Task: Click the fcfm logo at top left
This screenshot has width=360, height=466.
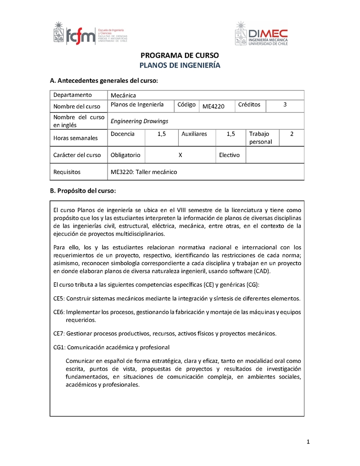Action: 90,33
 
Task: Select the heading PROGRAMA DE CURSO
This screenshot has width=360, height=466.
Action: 180,56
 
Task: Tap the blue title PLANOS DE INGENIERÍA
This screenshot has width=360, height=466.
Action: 180,65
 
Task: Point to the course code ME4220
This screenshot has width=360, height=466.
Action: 213,106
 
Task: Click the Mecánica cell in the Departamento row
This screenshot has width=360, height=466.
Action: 123,95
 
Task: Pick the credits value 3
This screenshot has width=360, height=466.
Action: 285,105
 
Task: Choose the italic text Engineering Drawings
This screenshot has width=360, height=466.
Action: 139,121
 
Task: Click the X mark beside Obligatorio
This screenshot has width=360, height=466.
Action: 180,155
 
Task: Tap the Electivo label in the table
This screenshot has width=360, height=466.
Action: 229,155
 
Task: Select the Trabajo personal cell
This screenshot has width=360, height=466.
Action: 261,138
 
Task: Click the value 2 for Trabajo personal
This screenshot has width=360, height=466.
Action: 292,134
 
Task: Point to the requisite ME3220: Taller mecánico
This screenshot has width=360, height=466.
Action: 144,172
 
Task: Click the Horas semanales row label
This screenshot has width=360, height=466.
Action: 75,138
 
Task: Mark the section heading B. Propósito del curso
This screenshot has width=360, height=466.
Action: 83,190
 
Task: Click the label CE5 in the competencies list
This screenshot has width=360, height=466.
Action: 59,299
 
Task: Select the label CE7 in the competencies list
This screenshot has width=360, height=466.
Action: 59,334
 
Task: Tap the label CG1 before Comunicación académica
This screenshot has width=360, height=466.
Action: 59,347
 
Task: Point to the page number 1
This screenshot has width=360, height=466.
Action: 308,442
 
